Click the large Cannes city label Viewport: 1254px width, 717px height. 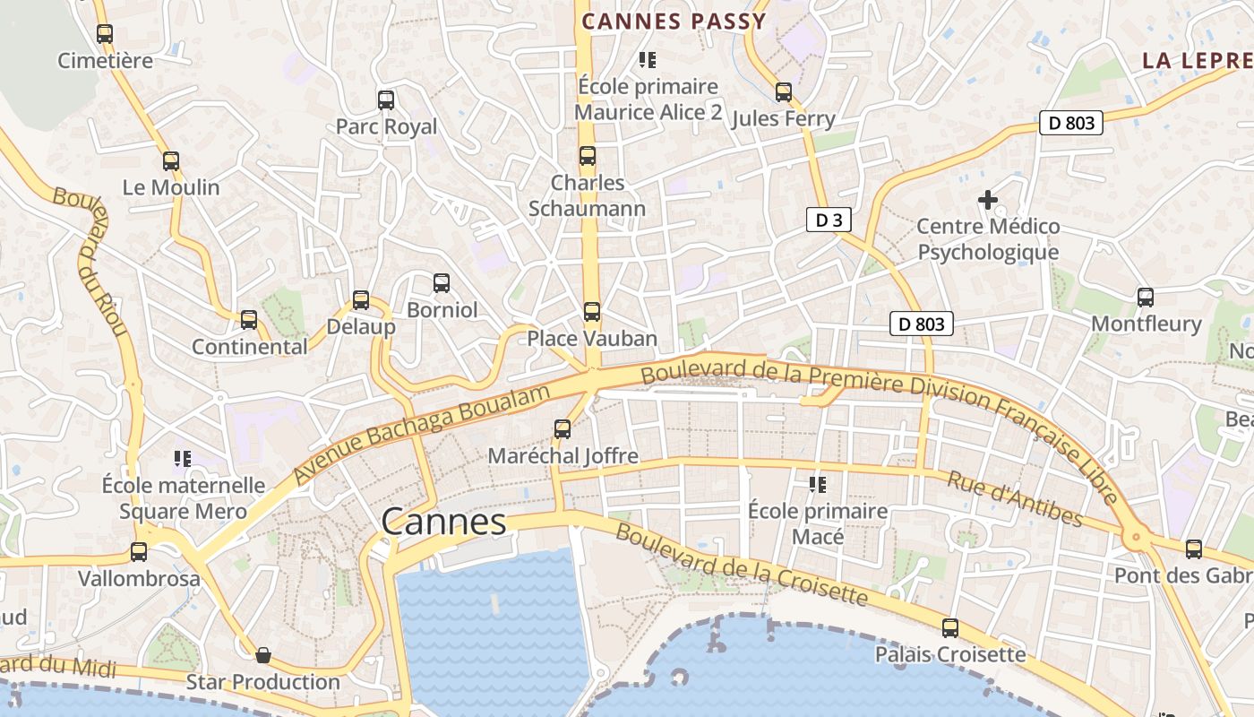tap(443, 521)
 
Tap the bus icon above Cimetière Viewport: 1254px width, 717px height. tap(105, 34)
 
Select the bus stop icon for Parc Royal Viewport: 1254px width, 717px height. tap(386, 100)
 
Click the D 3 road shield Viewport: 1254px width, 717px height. tap(828, 220)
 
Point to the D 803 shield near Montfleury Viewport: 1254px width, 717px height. tap(922, 324)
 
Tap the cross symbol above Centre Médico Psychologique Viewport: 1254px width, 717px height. tap(988, 200)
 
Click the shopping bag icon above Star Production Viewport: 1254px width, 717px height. tap(263, 655)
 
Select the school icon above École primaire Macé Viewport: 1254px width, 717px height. tap(817, 485)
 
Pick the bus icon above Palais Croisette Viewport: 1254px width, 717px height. tap(950, 628)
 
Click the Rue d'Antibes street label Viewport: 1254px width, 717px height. tap(1014, 499)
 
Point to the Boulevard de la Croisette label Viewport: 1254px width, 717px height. tap(742, 564)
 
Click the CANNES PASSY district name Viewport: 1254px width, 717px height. tap(674, 22)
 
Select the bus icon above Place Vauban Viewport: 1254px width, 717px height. tap(592, 312)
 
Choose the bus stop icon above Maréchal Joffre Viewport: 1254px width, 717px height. tap(563, 429)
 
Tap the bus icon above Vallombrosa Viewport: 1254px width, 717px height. tap(139, 552)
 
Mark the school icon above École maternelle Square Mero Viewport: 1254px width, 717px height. tap(183, 459)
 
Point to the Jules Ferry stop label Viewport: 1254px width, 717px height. tap(783, 118)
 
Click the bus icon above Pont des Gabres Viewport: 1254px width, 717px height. tap(1194, 549)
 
